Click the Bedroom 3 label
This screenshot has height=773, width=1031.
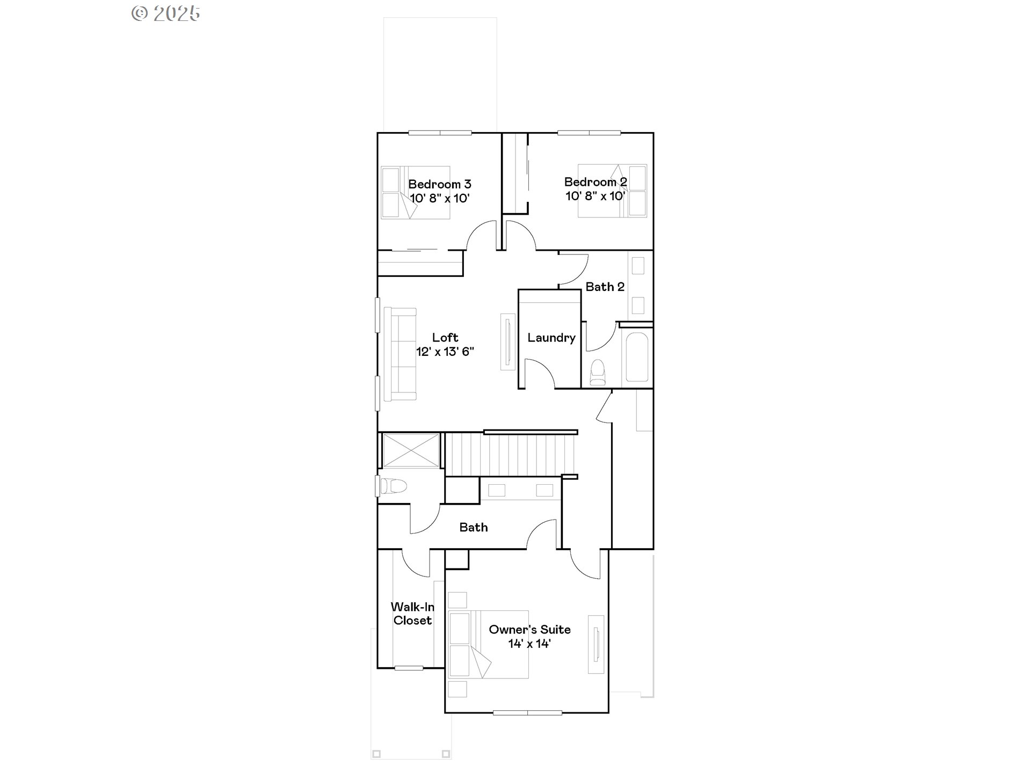[439, 184]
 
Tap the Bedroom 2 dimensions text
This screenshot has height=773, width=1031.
[595, 196]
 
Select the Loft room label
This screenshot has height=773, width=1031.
[445, 338]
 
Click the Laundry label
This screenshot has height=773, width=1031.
[551, 338]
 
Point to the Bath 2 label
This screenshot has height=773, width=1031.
[605, 287]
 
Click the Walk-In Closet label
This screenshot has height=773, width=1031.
[412, 614]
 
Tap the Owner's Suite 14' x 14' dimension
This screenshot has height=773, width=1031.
[529, 644]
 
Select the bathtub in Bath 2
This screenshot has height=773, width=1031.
[637, 357]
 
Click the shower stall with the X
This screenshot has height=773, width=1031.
[411, 450]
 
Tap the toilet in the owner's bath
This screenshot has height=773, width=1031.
[393, 486]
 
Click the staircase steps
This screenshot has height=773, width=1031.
[510, 455]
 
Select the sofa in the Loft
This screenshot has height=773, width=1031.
[400, 354]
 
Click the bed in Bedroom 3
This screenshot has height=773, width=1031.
[415, 192]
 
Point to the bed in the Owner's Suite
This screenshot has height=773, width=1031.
[489, 644]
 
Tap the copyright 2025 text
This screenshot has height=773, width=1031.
[166, 13]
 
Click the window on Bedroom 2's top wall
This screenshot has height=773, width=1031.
[589, 133]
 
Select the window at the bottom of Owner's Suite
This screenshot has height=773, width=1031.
[527, 713]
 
